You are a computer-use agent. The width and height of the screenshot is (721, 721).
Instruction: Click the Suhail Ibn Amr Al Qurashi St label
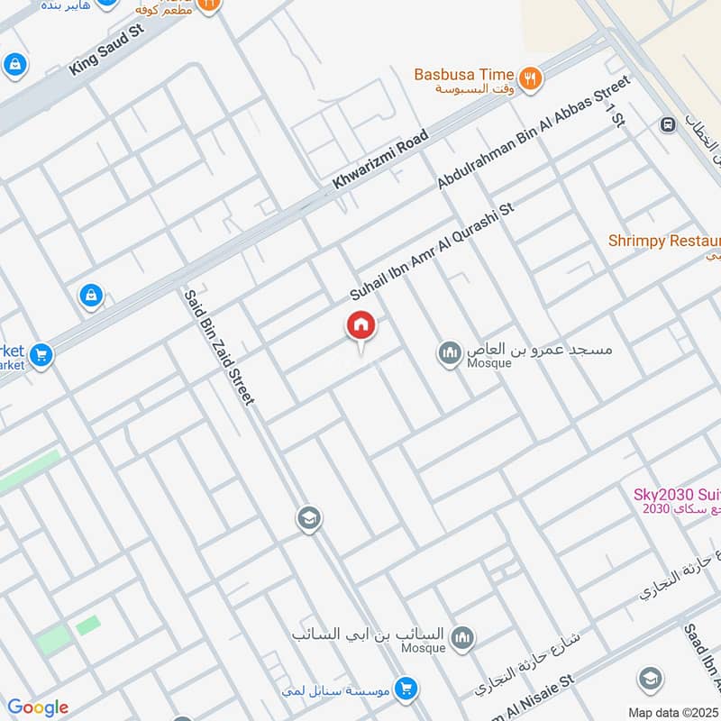pyautogui.click(x=432, y=251)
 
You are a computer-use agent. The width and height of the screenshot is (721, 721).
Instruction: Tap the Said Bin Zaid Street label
pyautogui.click(x=219, y=346)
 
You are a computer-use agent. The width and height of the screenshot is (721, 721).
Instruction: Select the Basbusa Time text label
pyautogui.click(x=464, y=75)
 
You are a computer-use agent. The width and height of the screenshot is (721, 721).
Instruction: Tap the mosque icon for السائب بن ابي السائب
pyautogui.click(x=462, y=638)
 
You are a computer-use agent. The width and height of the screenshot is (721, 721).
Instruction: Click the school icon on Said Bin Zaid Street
pyautogui.click(x=308, y=518)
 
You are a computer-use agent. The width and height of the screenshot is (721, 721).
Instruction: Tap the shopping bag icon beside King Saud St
pyautogui.click(x=14, y=64)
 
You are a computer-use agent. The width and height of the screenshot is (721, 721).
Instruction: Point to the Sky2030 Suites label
pyautogui.click(x=677, y=494)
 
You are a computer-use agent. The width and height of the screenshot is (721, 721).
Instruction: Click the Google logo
pyautogui.click(x=38, y=707)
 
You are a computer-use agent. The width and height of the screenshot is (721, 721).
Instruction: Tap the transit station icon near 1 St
pyautogui.click(x=668, y=125)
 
